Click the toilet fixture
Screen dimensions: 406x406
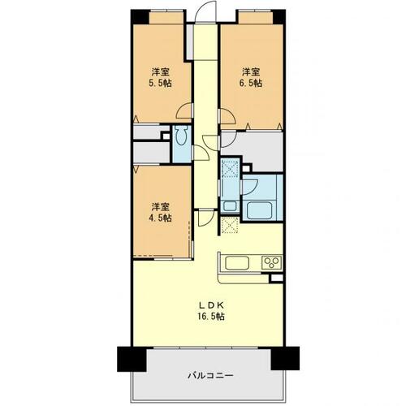coord(180,139)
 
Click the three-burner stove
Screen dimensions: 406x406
coord(271,261)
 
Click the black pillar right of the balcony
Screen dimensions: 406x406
coord(285,356)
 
